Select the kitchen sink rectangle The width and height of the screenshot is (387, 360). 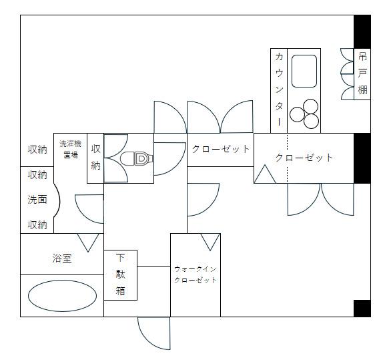pyautogui.click(x=304, y=70)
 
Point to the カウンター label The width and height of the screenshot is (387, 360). pyautogui.click(x=279, y=90)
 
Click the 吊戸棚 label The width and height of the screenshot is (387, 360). pyautogui.click(x=362, y=73)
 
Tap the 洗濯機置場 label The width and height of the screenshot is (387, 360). pyautogui.click(x=70, y=149)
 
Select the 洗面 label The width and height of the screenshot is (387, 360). pyautogui.click(x=37, y=200)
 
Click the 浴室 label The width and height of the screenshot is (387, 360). pyautogui.click(x=62, y=258)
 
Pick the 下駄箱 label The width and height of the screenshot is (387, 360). pyautogui.click(x=121, y=275)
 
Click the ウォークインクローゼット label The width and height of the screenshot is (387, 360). pyautogui.click(x=196, y=275)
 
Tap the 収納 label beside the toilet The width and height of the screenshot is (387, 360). pyautogui.click(x=96, y=158)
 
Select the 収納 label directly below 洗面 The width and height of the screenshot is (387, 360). pyautogui.click(x=37, y=225)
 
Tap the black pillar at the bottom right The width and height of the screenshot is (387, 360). pyautogui.click(x=362, y=309)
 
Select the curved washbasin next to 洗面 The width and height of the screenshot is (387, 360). pyautogui.click(x=56, y=200)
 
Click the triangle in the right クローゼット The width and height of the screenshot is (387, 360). pyautogui.click(x=265, y=175)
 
